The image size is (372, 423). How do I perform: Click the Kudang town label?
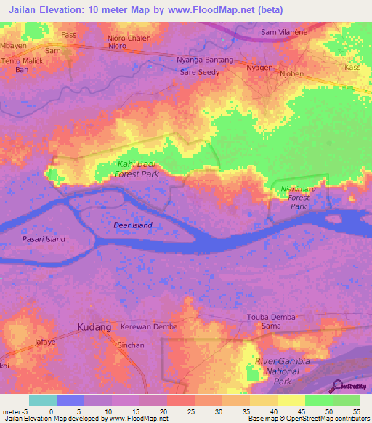click(x=94, y=327)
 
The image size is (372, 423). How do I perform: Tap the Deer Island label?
click(x=133, y=225)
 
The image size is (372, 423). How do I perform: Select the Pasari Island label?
click(x=43, y=239)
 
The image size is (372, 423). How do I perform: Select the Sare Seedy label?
click(x=200, y=73)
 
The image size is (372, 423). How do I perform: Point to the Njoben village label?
click(x=291, y=73)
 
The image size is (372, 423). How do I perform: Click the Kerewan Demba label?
click(x=149, y=327)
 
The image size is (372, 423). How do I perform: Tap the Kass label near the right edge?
click(x=352, y=67)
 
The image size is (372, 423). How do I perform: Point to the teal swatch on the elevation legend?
click(x=43, y=400)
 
